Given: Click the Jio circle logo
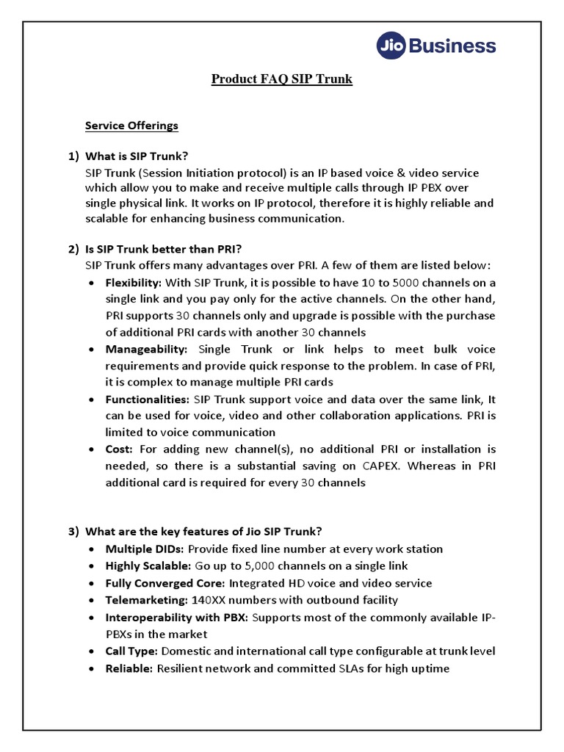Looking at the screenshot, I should pos(391,47).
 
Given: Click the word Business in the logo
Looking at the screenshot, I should pos(451,47).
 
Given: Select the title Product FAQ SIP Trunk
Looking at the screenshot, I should pos(282,79).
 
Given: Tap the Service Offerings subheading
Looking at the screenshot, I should pos(131,126).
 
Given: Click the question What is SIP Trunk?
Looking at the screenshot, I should pos(137,156).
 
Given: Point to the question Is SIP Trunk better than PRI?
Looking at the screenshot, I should pos(164,249).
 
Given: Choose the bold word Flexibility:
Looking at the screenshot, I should pos(133,283).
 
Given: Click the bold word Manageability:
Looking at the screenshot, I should pos(146,349).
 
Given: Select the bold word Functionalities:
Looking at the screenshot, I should pos(148,399).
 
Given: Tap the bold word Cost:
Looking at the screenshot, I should pos(119,449).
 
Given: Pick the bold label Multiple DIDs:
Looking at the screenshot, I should pos(146,549).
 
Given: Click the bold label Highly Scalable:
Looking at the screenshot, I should pos(148,566).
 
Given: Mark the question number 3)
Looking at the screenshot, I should pos(73,532).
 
